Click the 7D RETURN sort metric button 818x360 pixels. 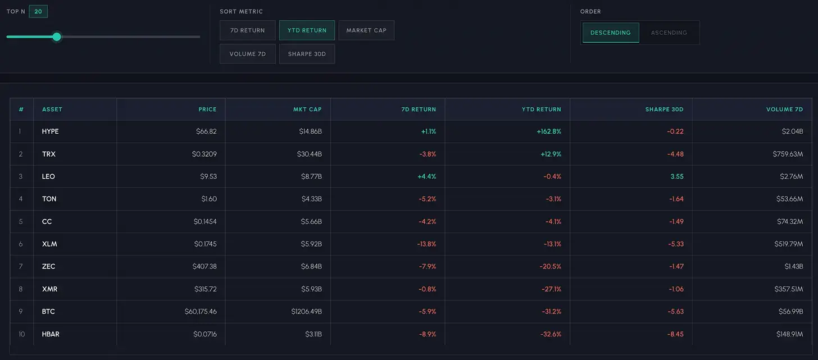pyautogui.click(x=248, y=30)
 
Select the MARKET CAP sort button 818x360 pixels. pyautogui.click(x=366, y=30)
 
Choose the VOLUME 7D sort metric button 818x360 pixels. pyautogui.click(x=248, y=54)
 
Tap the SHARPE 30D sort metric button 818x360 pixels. pyautogui.click(x=307, y=54)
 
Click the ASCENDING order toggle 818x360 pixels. pyautogui.click(x=669, y=33)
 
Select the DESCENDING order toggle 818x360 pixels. pyautogui.click(x=611, y=33)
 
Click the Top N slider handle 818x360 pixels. pyautogui.click(x=57, y=37)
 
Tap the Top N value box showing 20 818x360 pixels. pyautogui.click(x=38, y=11)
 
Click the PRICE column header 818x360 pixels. pyautogui.click(x=207, y=109)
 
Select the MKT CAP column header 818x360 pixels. pyautogui.click(x=307, y=109)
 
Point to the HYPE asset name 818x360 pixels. pyautogui.click(x=51, y=131)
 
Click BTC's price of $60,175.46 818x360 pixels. pyautogui.click(x=201, y=312)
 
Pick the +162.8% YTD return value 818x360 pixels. pyautogui.click(x=549, y=131)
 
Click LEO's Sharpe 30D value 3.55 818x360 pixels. pyautogui.click(x=677, y=176)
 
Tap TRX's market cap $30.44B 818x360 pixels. pyautogui.click(x=310, y=154)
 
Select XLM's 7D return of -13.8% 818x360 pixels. pyautogui.click(x=426, y=244)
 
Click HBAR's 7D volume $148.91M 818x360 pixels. pyautogui.click(x=789, y=334)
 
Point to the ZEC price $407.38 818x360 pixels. pyautogui.click(x=204, y=267)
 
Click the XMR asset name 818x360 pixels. pyautogui.click(x=49, y=289)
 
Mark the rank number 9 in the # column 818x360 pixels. pyautogui.click(x=21, y=312)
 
